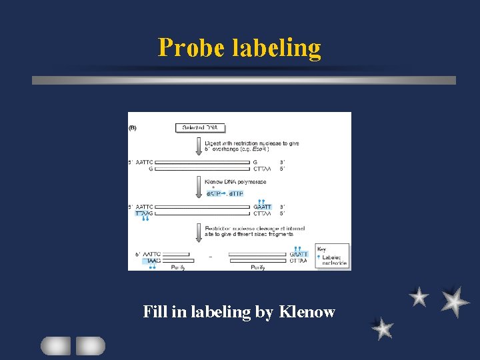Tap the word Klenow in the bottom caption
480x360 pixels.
[x=307, y=311]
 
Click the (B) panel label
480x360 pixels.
[x=133, y=127]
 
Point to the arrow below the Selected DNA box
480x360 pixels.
[x=199, y=145]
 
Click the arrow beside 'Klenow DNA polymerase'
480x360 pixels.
[x=199, y=186]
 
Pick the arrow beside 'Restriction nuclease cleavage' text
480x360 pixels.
[x=199, y=232]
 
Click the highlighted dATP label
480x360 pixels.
[x=215, y=193]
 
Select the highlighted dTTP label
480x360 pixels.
[x=236, y=193]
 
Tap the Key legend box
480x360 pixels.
[x=331, y=255]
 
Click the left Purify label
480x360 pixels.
[x=178, y=267]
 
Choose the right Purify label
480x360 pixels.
[x=257, y=267]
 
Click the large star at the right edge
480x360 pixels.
[x=455, y=301]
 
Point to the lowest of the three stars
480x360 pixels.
[x=382, y=328]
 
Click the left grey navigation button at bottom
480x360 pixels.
[x=55, y=345]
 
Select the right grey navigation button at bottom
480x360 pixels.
[x=91, y=345]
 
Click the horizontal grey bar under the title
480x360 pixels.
[x=244, y=80]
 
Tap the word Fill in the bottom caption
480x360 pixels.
[x=154, y=311]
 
